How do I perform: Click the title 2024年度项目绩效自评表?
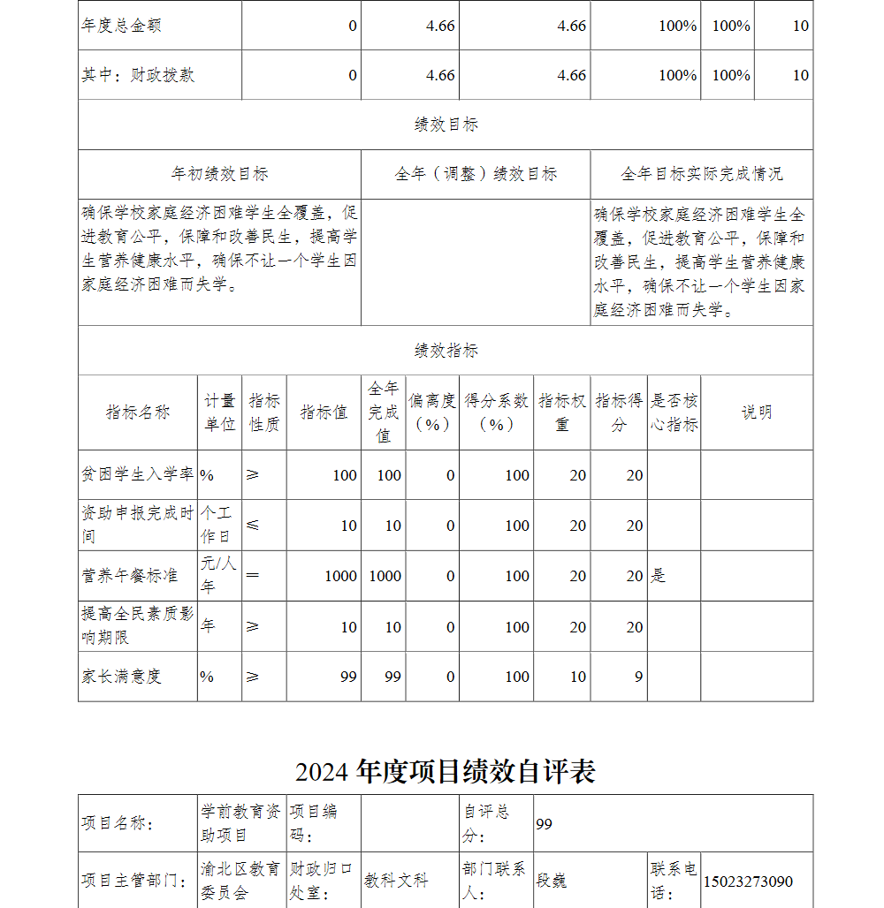[446, 771]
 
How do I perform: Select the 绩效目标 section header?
[446, 125]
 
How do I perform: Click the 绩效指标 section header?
[446, 351]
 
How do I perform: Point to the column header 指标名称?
[138, 412]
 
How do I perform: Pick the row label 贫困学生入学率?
[138, 475]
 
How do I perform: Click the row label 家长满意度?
[122, 677]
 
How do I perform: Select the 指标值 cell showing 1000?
[340, 576]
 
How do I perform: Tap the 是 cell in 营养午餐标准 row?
[659, 576]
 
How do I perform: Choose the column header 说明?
[757, 412]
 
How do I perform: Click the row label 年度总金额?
[122, 26]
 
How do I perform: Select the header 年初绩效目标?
[219, 174]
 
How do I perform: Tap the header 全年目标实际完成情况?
[702, 174]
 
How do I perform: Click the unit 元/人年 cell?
[219, 575]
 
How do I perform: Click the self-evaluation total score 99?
[544, 824]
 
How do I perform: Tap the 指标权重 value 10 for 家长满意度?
[577, 677]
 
